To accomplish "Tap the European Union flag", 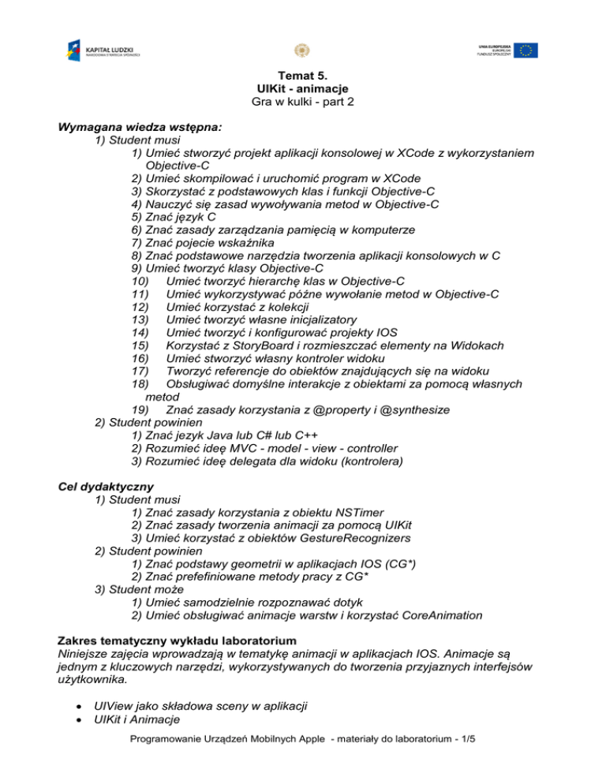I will coord(525,50).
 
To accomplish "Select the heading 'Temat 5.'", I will coord(302,77).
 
